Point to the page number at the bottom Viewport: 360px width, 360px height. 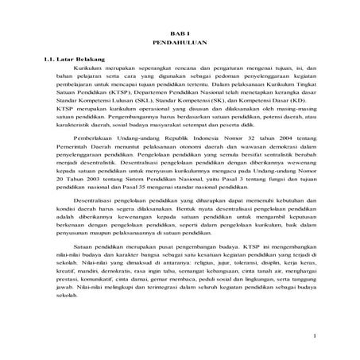[x=315, y=337]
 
